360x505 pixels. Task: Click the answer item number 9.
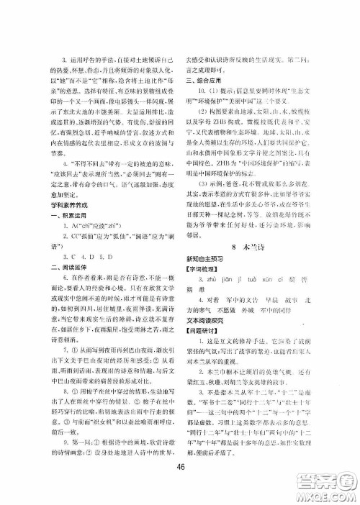[54, 425]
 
